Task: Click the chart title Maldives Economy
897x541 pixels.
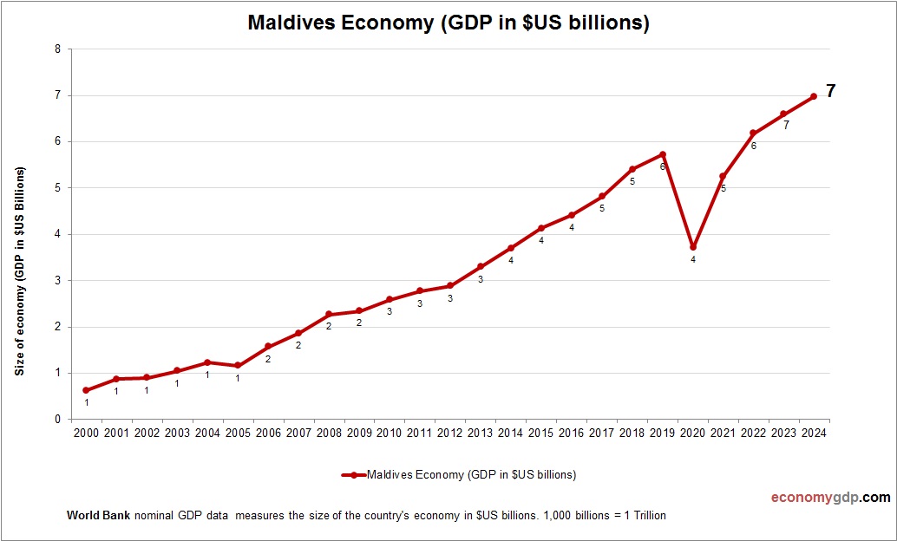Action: (448, 23)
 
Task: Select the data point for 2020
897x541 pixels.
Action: (693, 247)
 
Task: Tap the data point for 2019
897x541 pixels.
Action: (663, 154)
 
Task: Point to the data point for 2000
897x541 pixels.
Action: (86, 390)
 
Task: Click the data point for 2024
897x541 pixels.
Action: (814, 96)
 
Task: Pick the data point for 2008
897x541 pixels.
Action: (329, 314)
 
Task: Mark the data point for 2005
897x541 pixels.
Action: (238, 366)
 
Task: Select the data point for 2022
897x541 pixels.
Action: (753, 134)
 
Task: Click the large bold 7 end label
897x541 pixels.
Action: (830, 91)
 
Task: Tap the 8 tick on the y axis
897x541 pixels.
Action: (57, 49)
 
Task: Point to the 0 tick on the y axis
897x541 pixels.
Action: (57, 420)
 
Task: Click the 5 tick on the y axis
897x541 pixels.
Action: (57, 188)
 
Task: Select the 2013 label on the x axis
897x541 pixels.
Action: (480, 433)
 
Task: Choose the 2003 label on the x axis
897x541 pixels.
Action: (177, 433)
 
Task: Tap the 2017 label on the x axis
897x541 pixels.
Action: (601, 433)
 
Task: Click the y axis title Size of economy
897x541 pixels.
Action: (19, 270)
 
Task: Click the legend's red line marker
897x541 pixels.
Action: (353, 475)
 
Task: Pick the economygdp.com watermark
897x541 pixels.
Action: (830, 498)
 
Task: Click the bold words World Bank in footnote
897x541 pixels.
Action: (98, 515)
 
